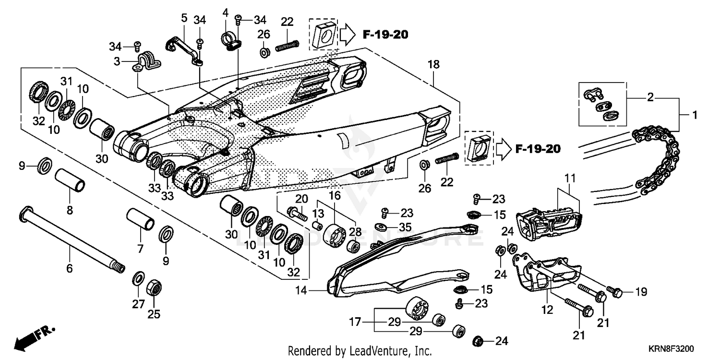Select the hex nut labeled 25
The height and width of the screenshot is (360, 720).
[x=154, y=288]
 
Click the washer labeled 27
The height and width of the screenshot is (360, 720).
[x=138, y=278]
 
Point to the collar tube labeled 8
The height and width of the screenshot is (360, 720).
[x=70, y=180]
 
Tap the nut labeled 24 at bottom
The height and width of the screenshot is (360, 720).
[x=478, y=341]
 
